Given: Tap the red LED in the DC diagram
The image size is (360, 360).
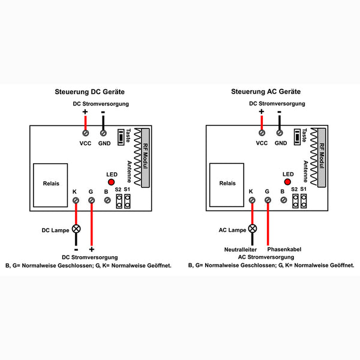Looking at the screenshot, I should (x=111, y=182).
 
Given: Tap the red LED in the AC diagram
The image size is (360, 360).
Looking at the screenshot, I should (x=287, y=182).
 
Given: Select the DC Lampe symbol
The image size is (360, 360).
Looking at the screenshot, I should (x=76, y=229).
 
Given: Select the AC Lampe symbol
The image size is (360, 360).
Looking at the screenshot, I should (x=252, y=229).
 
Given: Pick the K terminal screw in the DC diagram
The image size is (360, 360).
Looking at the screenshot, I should (x=75, y=200).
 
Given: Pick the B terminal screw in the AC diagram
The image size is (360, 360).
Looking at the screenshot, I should (x=283, y=200).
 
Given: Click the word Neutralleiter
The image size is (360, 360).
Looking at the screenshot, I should (x=241, y=248).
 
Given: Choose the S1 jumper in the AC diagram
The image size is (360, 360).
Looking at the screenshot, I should (x=304, y=201).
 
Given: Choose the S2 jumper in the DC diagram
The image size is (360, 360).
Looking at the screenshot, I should (x=118, y=201).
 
